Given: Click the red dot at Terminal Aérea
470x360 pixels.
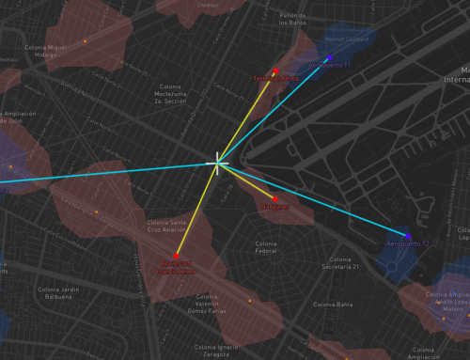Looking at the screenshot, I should coord(276,70).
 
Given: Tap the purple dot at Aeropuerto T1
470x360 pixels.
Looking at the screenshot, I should coord(330,57).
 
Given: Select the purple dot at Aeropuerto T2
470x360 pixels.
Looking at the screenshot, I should coord(408,236).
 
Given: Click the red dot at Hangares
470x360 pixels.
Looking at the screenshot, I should coord(274,196).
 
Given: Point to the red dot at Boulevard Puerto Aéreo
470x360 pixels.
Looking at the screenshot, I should coord(176,255).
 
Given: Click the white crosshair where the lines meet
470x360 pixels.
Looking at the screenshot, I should coord(218,163).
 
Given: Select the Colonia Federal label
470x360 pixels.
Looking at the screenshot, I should coord(266,247).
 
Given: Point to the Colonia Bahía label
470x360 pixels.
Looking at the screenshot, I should coord(334,305).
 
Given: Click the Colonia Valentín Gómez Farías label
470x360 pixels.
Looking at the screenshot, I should coord(207,305).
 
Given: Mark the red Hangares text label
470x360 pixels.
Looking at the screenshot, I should coord(274,206).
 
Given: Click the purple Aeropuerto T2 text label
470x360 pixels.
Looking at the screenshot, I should coord(407,244).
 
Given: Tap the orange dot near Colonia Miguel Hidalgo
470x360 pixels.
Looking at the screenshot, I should coord(86,40).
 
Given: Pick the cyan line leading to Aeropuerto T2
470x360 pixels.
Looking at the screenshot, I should coord(320,201).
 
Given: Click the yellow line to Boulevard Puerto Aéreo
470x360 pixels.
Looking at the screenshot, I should coord(196,209).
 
